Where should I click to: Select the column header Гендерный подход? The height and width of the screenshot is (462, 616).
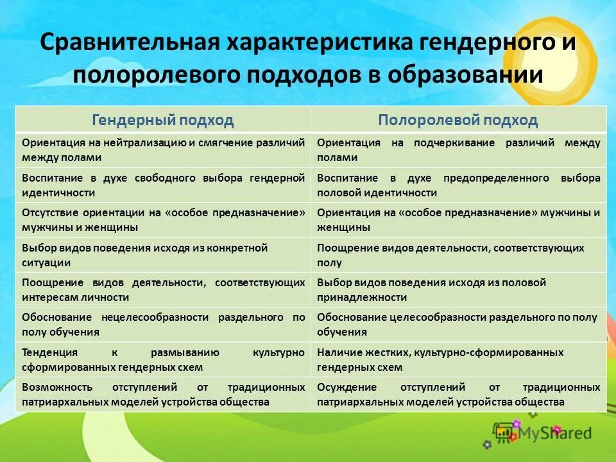click(x=163, y=120)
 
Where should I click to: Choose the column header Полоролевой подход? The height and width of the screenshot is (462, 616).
click(x=458, y=120)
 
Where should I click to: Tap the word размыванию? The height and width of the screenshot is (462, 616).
click(x=185, y=352)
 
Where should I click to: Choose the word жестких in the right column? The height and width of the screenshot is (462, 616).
click(x=388, y=352)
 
